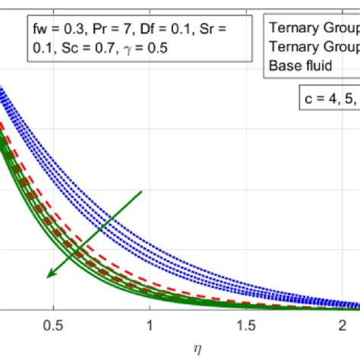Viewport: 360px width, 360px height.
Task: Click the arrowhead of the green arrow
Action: (49, 276)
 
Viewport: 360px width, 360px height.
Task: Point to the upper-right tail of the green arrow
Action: (142, 191)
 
